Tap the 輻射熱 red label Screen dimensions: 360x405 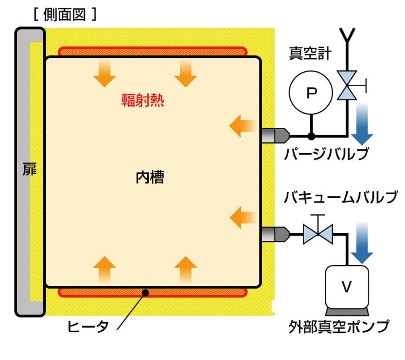pyautogui.click(x=143, y=100)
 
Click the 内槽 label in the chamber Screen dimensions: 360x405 pyautogui.click(x=150, y=178)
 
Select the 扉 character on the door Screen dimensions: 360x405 pyautogui.click(x=29, y=171)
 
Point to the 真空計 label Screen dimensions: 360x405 pyautogui.click(x=310, y=53)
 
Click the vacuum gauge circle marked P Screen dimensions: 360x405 pyautogui.click(x=311, y=93)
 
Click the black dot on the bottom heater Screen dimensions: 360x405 pyautogui.click(x=145, y=292)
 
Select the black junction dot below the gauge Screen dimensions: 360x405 pyautogui.click(x=311, y=136)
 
